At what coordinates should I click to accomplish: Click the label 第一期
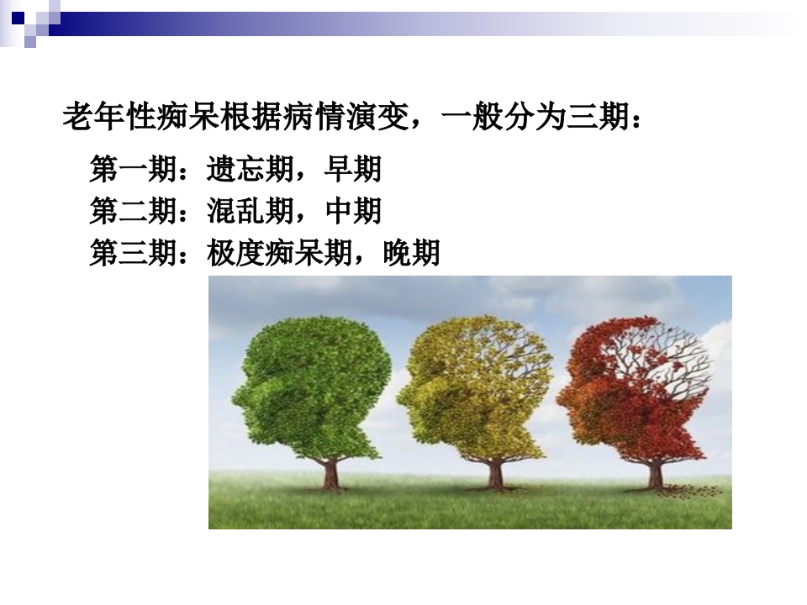[133, 170]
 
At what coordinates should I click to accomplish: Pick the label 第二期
[133, 211]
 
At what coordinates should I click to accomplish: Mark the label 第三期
[133, 252]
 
